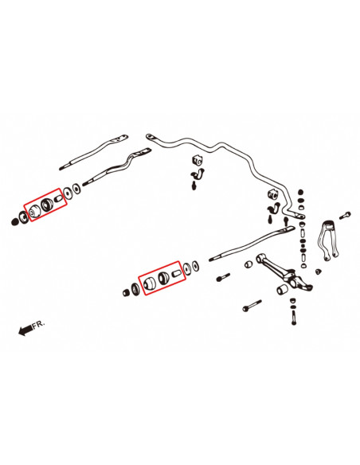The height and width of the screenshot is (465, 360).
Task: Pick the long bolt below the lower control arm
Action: coord(253,305)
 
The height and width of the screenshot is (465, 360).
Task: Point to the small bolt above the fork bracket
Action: coord(345,214)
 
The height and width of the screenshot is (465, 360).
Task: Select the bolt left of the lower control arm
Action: coord(222,276)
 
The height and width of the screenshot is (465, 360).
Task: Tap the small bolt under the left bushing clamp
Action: coord(194,186)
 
